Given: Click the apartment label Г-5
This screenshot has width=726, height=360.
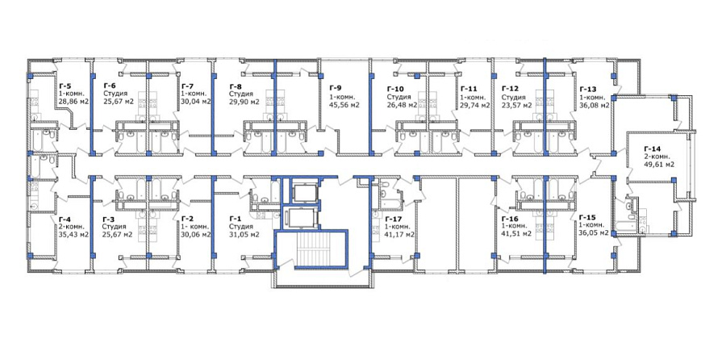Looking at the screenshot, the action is coord(65,86).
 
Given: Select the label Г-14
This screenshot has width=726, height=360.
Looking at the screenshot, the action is coord(652,149).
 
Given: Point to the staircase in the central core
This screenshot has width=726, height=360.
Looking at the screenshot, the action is coord(311,250).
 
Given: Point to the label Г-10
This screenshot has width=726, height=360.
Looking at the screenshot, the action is coord(395,89).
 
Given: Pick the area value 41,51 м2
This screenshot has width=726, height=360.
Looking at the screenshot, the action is coord(516,233).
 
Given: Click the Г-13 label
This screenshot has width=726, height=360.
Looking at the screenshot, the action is coord(587,89).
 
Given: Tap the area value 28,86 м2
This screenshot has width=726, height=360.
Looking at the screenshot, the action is coord(74,101).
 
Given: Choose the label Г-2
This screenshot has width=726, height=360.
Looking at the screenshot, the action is coord(187,219).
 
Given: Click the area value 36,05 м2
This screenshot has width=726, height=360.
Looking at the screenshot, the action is coord(594,233).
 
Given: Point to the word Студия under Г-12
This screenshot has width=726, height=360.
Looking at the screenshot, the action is coord(514,98).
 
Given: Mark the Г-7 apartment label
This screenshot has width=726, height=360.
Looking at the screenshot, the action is coord(187,86).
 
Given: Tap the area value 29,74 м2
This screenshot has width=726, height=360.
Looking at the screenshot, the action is coord(475,105).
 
